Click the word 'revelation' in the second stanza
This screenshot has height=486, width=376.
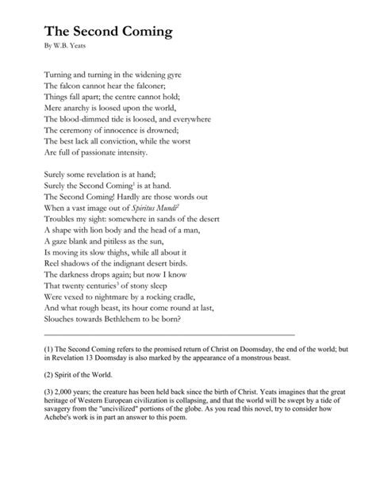click(121, 177)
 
